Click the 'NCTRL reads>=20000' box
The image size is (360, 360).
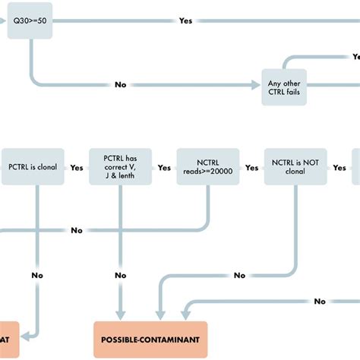tap(208, 167)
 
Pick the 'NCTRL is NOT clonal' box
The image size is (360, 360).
tap(295, 167)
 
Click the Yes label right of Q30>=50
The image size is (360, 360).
tap(185, 21)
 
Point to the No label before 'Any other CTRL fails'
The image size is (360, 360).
tap(120, 84)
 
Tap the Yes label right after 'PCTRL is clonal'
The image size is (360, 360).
tap(77, 168)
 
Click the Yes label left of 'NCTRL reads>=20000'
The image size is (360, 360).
tap(164, 168)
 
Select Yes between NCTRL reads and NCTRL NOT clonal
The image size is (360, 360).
tap(251, 168)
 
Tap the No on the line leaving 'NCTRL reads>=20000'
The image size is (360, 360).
tap(77, 230)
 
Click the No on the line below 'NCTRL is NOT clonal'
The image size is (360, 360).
tap(239, 275)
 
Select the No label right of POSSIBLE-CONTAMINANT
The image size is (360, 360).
tap(320, 302)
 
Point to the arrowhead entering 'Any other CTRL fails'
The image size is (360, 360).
tap(256, 84)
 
